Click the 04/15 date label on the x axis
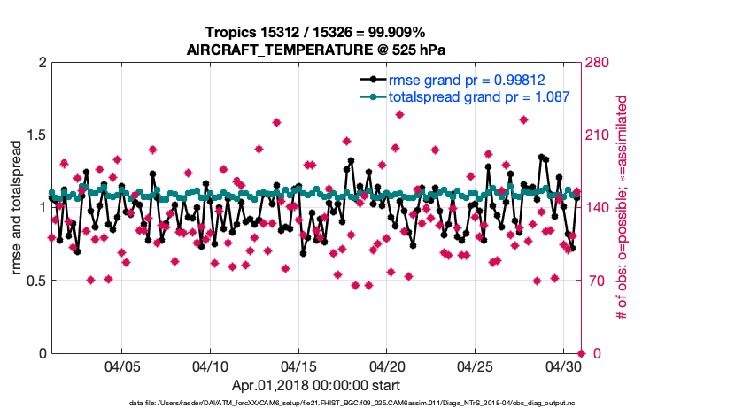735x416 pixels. [298, 366]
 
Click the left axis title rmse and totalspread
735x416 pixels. [15, 208]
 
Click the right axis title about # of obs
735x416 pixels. [622, 208]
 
